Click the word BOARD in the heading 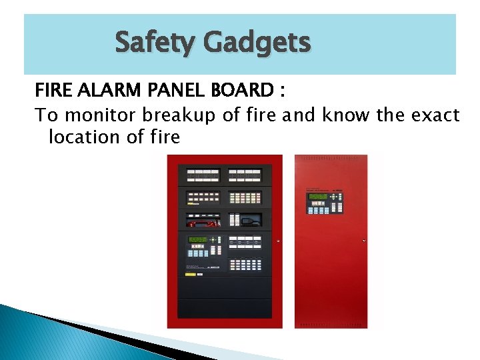239,91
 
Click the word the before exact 389,115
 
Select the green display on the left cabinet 198,239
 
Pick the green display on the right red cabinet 318,197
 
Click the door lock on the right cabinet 364,240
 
